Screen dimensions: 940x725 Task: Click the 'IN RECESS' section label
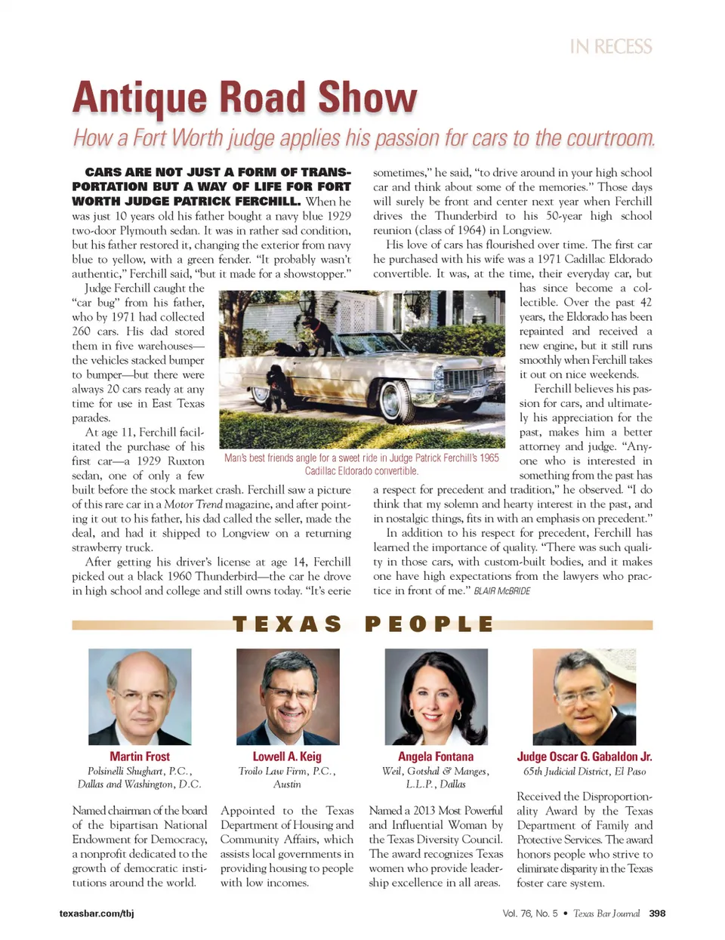(611, 47)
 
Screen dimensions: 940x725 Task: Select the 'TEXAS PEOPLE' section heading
(362, 624)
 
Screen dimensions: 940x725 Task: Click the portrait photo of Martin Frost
(140, 696)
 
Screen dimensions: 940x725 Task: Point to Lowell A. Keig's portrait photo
(288, 696)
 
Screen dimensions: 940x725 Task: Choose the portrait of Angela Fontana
(436, 696)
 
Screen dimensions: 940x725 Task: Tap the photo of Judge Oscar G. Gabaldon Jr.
(584, 696)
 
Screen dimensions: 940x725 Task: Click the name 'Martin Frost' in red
(140, 757)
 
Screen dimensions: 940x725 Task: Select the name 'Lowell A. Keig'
(287, 757)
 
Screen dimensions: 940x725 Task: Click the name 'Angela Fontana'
(436, 757)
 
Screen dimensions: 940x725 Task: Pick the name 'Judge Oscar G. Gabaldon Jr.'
(584, 757)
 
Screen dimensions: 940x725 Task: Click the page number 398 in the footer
(657, 914)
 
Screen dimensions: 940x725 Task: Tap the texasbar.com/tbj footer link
(97, 914)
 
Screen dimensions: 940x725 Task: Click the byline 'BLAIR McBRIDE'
(501, 591)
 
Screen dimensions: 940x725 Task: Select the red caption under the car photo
(361, 464)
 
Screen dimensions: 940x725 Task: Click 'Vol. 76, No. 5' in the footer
(529, 914)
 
